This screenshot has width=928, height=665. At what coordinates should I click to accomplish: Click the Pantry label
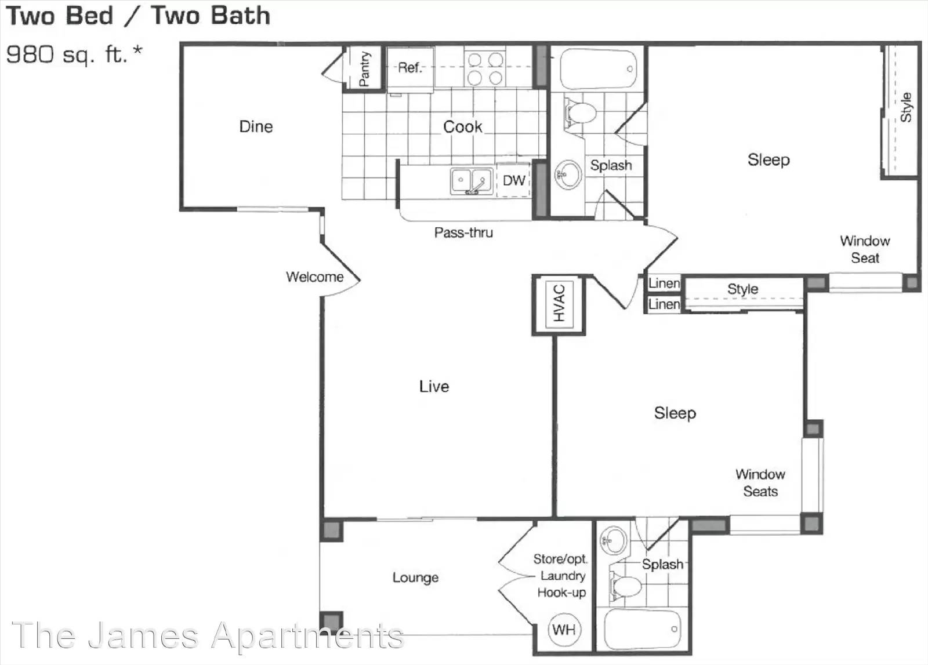[x=364, y=69]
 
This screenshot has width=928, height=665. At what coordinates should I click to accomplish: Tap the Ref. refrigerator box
[x=410, y=68]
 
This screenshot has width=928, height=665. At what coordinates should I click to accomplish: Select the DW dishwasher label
[x=514, y=180]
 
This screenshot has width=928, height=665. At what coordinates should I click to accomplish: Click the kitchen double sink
[x=472, y=181]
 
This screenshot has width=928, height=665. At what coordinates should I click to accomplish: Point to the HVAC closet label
[x=559, y=303]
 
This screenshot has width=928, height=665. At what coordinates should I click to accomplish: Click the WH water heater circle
[x=564, y=630]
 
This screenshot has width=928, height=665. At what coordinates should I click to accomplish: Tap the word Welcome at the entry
[x=314, y=277]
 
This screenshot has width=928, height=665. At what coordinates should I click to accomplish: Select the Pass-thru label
[x=463, y=232]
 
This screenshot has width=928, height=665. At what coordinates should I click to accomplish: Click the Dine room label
[x=256, y=126]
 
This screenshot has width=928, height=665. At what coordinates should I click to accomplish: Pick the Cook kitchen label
[x=463, y=127]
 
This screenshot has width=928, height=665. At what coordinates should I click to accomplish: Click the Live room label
[x=434, y=386]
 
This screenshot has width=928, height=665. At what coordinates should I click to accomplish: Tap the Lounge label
[x=415, y=577]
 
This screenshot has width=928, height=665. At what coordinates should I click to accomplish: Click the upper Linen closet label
[x=664, y=284]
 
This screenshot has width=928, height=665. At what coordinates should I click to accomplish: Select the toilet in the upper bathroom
[x=579, y=112]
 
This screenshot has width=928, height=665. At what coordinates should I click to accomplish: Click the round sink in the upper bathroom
[x=568, y=175]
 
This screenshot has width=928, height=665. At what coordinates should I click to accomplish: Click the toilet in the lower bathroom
[x=625, y=586]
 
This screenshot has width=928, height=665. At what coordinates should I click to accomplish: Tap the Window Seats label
[x=760, y=482]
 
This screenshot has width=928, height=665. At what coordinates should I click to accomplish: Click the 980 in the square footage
[x=30, y=54]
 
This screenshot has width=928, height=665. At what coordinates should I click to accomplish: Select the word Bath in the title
[x=240, y=15]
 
